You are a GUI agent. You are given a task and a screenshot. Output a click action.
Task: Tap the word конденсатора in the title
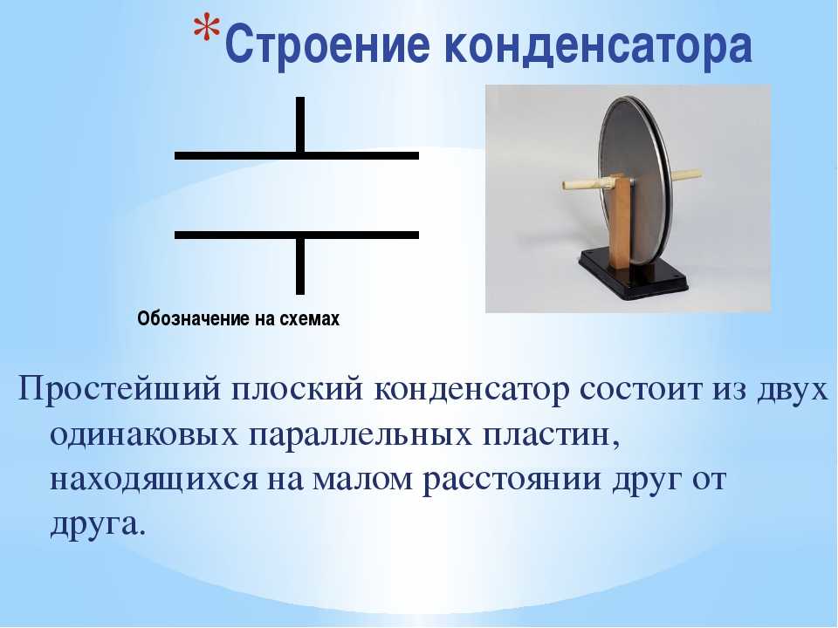click(598, 44)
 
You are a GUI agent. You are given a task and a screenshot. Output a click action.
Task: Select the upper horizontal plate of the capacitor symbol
click(297, 155)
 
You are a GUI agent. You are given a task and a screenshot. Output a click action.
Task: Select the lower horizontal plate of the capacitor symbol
click(297, 235)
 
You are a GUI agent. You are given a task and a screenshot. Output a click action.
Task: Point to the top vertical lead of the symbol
click(300, 125)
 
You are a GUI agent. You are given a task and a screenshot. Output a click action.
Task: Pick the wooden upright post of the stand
click(620, 222)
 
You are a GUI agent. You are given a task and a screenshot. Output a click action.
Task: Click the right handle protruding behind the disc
click(686, 174)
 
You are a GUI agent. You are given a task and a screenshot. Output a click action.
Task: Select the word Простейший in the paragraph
click(120, 391)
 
